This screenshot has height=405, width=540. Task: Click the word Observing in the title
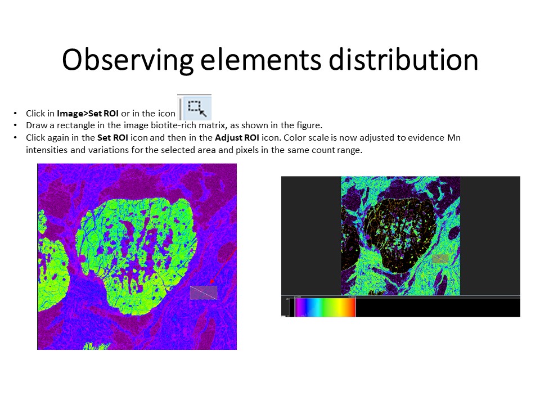click(128, 60)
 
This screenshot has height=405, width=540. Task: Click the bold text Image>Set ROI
click(88, 113)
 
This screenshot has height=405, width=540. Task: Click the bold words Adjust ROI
click(237, 138)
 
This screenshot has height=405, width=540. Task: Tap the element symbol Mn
click(454, 138)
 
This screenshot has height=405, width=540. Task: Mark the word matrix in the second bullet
click(211, 125)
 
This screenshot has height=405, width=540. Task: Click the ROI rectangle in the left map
click(204, 292)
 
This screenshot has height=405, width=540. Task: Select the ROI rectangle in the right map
click(440, 259)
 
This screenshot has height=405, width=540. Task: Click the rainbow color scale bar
click(325, 307)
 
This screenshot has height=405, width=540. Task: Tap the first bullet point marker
click(15, 113)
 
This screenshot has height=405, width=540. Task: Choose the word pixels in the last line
click(247, 150)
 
